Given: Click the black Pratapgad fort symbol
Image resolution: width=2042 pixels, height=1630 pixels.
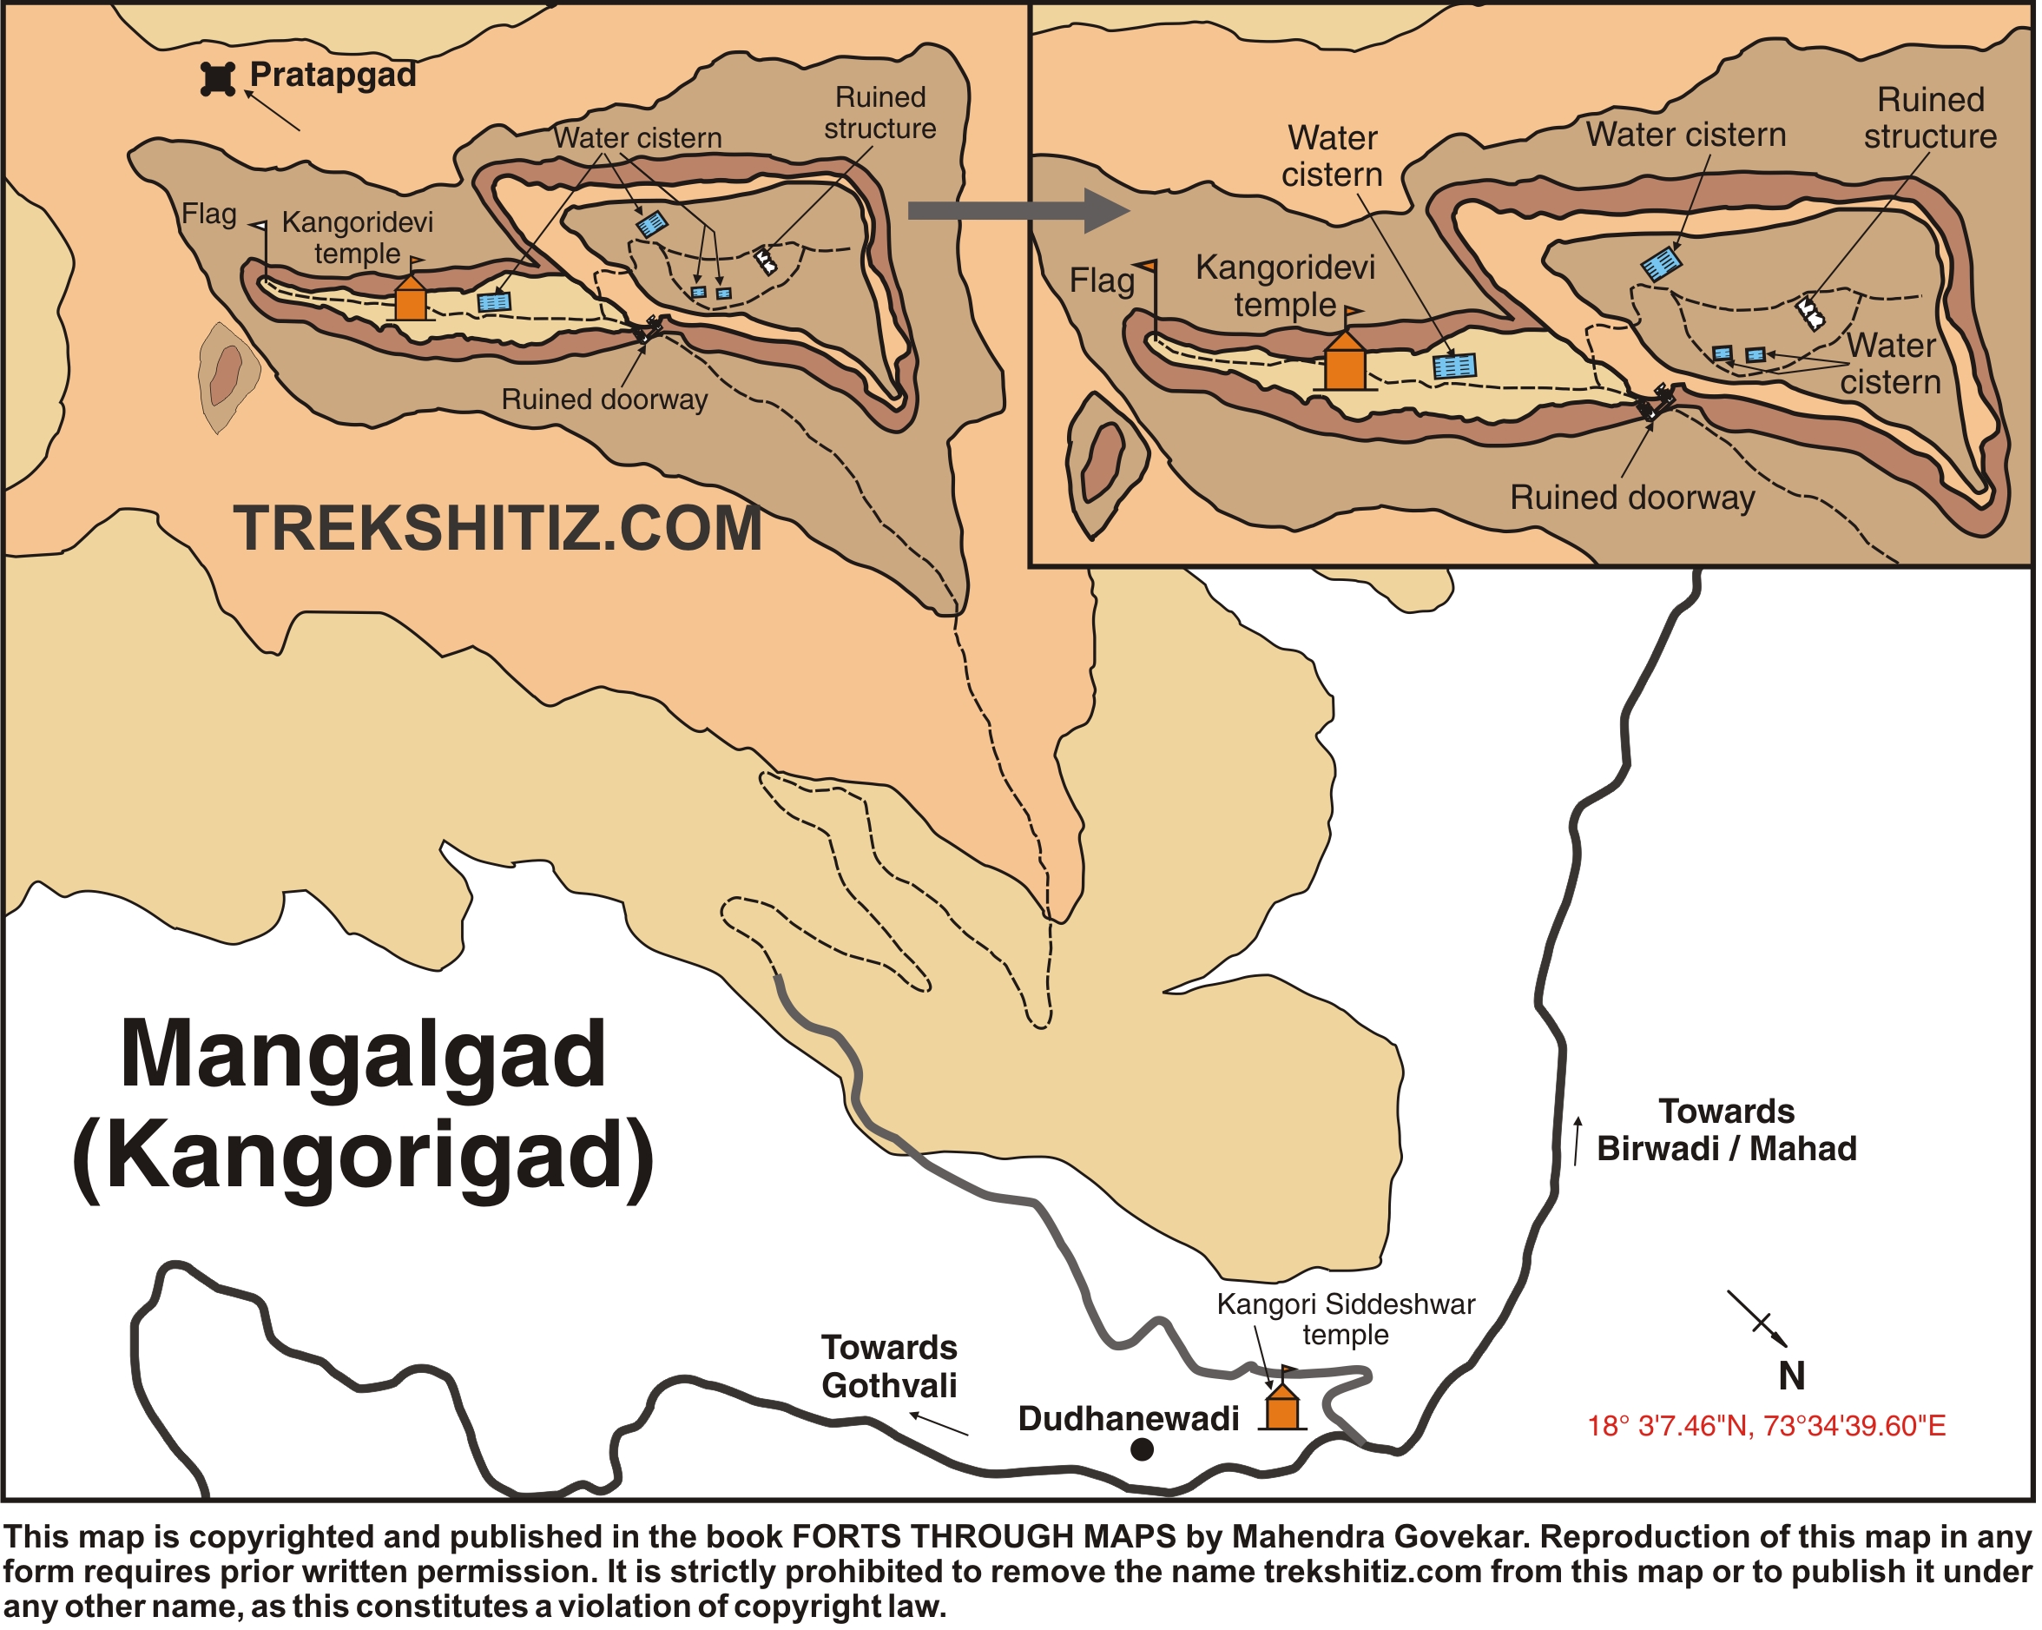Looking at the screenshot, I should click(x=218, y=80).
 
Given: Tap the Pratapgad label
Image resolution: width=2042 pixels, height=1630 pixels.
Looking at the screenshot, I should click(x=333, y=74).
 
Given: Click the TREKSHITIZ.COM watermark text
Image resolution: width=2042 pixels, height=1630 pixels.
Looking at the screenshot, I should click(x=497, y=529).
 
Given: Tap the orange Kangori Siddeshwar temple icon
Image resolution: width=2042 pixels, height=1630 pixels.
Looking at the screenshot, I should click(x=1283, y=1408).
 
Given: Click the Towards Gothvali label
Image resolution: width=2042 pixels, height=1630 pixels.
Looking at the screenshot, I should click(x=889, y=1367).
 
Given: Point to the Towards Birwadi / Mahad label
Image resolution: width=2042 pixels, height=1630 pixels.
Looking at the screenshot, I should click(x=1728, y=1131).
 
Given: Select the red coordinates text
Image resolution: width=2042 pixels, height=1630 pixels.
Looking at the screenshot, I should click(x=1768, y=1427).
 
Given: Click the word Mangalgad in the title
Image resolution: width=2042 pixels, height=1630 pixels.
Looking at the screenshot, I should click(x=363, y=1054).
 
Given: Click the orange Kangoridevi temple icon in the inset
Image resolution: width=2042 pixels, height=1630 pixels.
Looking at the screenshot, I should click(x=1346, y=364).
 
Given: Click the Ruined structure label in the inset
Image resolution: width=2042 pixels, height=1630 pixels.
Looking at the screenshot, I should click(x=1931, y=117).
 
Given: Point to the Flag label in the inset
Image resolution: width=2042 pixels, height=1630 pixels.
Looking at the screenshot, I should click(x=1103, y=281).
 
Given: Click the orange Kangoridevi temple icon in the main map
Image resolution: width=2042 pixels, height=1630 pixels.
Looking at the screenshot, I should click(x=410, y=300).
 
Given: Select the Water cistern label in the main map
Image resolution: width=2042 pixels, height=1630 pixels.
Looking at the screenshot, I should click(x=637, y=138).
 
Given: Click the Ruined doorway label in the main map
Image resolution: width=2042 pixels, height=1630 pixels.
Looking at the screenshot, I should click(x=604, y=399).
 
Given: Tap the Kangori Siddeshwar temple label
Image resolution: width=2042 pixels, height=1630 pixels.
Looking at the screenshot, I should click(x=1347, y=1319).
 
